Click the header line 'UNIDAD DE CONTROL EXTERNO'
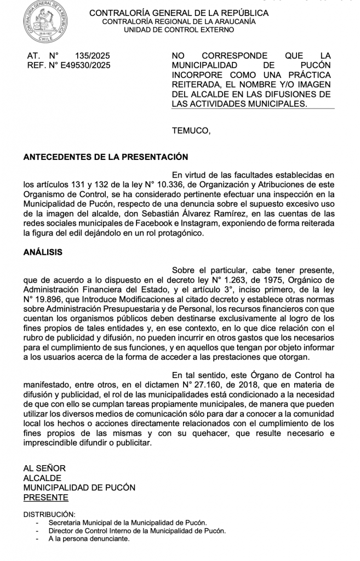pos(179,30)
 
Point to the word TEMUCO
pos(190,130)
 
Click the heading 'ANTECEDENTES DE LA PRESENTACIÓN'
pos(106,157)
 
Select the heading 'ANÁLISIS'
pos(43,253)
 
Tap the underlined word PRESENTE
pos(45,497)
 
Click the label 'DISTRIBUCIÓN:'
pos(49,514)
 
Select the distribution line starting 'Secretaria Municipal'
pos(128,523)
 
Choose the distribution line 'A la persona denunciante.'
pos(89,539)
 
